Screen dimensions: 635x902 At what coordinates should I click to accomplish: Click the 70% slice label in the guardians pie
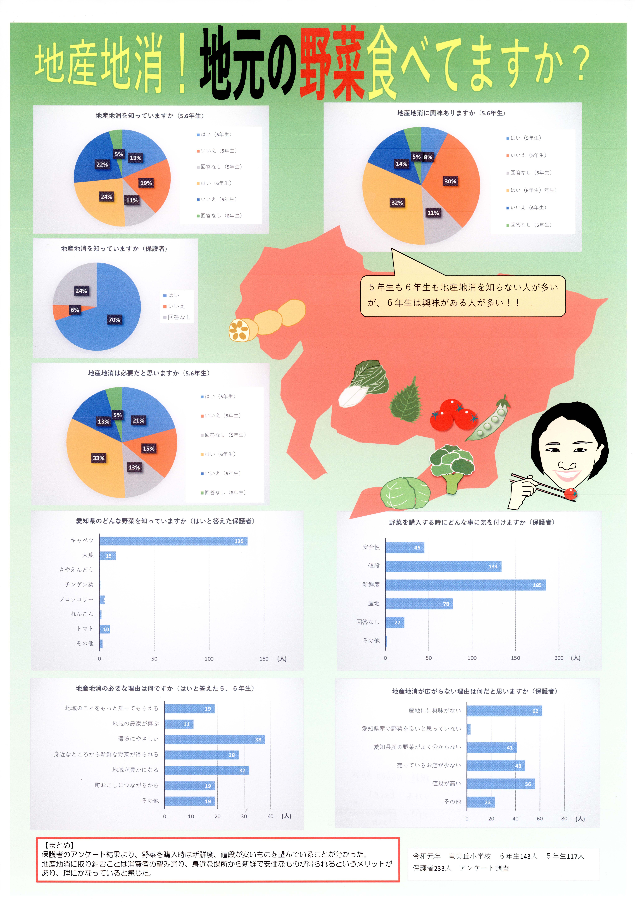114,320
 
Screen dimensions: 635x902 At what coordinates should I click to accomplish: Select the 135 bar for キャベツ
173,541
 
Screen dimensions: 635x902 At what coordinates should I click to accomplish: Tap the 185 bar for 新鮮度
465,585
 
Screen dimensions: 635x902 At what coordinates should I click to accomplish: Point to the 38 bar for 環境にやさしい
215,739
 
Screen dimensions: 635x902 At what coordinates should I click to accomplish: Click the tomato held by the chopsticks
570,494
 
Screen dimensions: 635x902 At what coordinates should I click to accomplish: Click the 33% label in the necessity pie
99,458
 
